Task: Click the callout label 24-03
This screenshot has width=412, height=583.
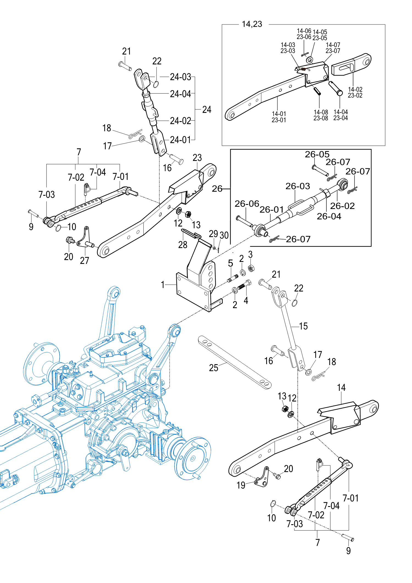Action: (x=180, y=77)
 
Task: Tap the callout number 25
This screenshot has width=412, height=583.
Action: (x=213, y=368)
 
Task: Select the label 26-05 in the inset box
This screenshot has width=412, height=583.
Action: (x=317, y=154)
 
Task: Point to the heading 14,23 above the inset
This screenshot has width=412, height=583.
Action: (x=252, y=24)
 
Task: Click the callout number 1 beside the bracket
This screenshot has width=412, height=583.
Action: (x=163, y=284)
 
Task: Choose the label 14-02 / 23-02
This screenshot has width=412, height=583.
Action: (x=355, y=93)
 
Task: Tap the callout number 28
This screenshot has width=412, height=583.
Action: (x=183, y=244)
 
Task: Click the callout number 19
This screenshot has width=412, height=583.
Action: (x=241, y=485)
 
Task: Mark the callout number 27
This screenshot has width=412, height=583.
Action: (x=84, y=260)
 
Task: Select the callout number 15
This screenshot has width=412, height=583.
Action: (x=303, y=326)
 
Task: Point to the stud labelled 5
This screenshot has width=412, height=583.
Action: (x=233, y=278)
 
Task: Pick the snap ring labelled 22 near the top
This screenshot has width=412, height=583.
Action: (x=156, y=84)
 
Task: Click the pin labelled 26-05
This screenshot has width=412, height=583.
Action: (x=320, y=171)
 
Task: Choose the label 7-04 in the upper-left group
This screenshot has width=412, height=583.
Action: (x=98, y=172)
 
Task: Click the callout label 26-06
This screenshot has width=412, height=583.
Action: (x=247, y=204)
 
